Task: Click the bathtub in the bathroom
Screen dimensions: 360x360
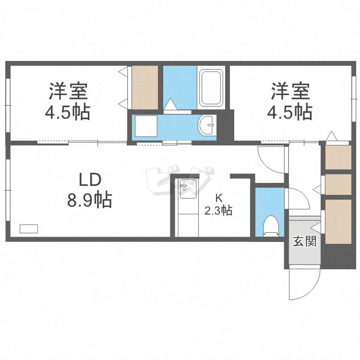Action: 211,88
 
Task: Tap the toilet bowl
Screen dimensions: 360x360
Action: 270,226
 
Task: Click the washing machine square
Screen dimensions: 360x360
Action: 146,126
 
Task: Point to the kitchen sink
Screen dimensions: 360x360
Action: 188,189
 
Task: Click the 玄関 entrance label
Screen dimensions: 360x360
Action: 304,241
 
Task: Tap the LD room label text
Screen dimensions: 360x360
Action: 90,180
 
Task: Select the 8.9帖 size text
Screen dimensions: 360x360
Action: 89,200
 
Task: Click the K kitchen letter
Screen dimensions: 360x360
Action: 219,197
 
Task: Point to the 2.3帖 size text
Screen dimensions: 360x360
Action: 218,211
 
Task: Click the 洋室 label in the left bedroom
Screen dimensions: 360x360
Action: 68,91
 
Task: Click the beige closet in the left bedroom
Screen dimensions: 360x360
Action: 145,88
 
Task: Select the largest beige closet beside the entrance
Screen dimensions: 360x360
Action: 338,222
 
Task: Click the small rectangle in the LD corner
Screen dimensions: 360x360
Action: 29,229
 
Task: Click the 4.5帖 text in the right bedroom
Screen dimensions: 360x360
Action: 289,112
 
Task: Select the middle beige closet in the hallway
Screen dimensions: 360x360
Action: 338,185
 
